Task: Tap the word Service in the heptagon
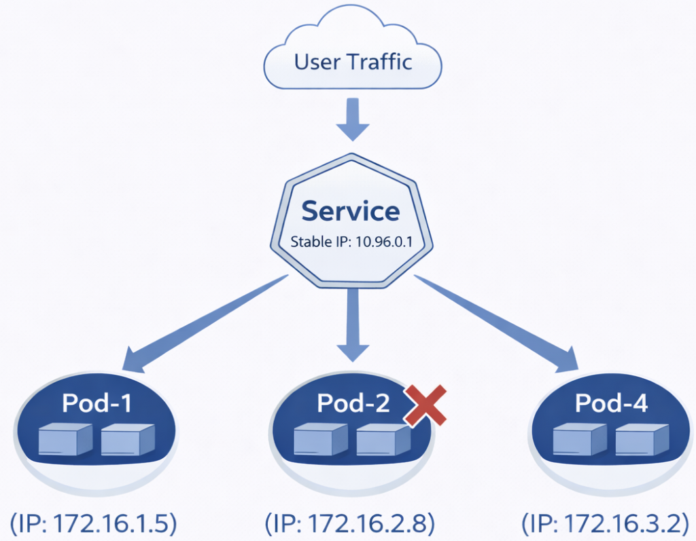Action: click(x=351, y=211)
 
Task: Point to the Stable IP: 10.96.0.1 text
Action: click(x=351, y=241)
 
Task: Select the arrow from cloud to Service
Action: click(x=352, y=119)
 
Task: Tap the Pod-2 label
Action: click(x=353, y=403)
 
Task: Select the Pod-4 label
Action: click(x=612, y=403)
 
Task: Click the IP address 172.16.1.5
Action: click(x=94, y=524)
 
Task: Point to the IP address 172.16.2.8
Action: click(x=349, y=524)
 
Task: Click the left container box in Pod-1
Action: click(x=65, y=440)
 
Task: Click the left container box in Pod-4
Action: click(x=579, y=440)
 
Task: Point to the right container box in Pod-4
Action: click(x=642, y=440)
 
